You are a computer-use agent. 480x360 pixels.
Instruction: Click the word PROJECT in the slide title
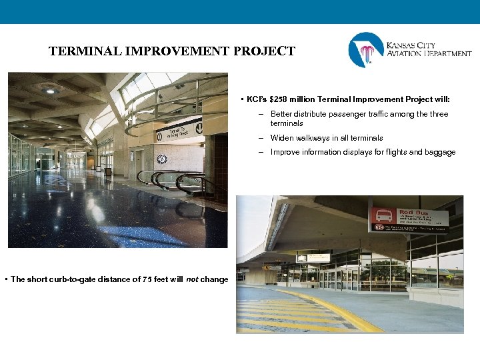pyautogui.click(x=265, y=51)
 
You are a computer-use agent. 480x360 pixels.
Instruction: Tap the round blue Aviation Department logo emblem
pyautogui.click(x=366, y=50)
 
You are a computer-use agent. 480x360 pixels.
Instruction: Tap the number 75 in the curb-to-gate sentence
pyautogui.click(x=148, y=279)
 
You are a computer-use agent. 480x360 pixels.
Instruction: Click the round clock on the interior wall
pyautogui.click(x=161, y=159)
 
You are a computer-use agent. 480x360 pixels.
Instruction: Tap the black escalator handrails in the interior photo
pyautogui.click(x=167, y=178)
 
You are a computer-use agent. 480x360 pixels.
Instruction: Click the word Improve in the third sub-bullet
pyautogui.click(x=284, y=153)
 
